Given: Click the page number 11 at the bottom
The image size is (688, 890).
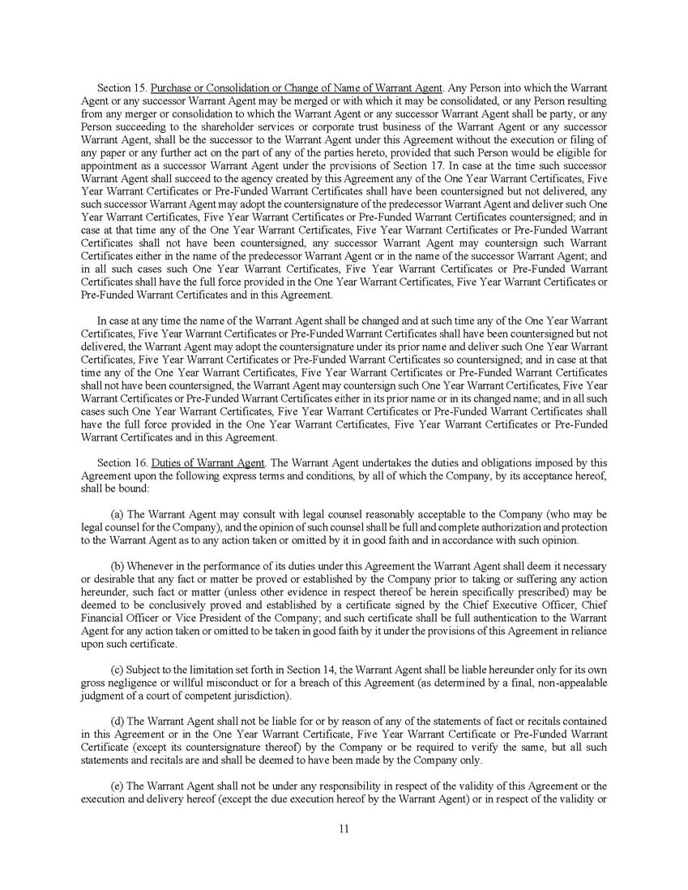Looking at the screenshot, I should pyautogui.click(x=344, y=828).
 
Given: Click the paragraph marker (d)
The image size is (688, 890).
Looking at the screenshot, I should pyautogui.click(x=117, y=721).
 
